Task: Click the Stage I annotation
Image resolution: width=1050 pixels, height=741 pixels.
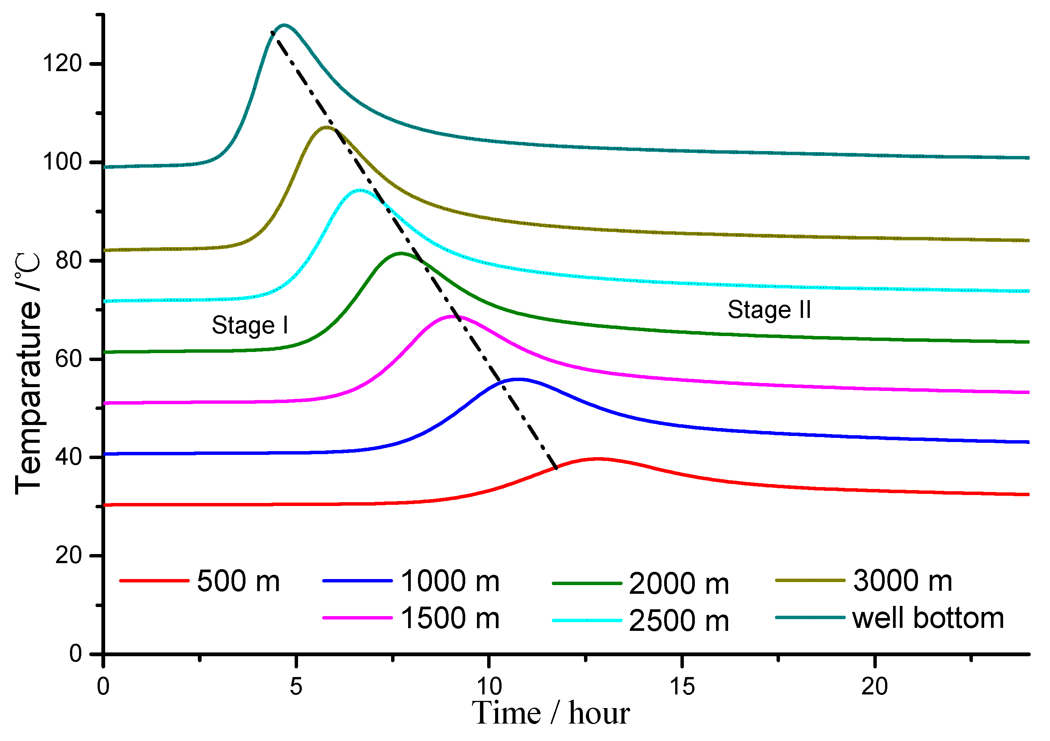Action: [250, 325]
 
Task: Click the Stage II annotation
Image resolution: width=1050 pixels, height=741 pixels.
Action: [769, 310]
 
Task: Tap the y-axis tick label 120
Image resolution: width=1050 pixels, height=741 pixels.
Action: [62, 63]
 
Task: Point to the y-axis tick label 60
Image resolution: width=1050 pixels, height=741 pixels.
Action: [68, 359]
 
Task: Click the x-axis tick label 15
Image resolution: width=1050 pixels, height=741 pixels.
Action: [682, 687]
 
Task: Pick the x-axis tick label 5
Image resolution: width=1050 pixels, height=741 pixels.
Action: [296, 687]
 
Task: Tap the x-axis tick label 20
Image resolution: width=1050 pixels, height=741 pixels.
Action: [874, 687]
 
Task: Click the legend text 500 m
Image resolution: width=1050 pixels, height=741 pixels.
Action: [238, 582]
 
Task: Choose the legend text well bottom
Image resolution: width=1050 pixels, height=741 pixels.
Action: [928, 618]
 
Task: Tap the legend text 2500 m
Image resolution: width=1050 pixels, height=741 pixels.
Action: [679, 621]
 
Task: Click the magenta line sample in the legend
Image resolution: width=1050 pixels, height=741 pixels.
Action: [357, 618]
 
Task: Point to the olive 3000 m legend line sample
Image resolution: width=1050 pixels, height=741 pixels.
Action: [810, 581]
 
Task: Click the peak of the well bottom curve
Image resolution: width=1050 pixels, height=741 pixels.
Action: [284, 26]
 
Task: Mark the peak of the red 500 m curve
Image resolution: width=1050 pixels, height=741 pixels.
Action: [598, 459]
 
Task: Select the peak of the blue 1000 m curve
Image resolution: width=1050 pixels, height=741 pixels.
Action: [518, 379]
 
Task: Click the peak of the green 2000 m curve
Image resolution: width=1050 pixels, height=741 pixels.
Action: [401, 253]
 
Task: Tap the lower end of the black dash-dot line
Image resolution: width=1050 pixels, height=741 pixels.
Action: [556, 468]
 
